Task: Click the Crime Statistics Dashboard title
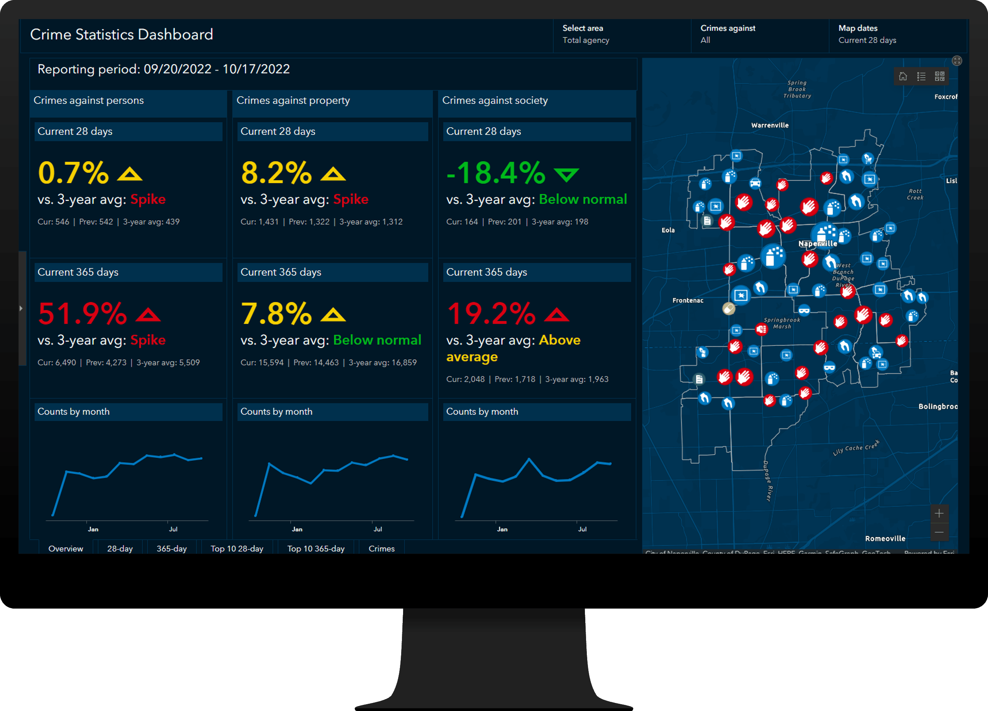(x=121, y=34)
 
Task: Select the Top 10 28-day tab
(x=237, y=549)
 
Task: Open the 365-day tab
(x=172, y=549)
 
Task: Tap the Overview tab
(x=66, y=549)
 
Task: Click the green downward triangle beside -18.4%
(x=566, y=175)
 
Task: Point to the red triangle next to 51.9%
(x=148, y=315)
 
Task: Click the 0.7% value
(x=73, y=173)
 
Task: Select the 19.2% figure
(x=491, y=314)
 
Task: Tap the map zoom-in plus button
(x=939, y=513)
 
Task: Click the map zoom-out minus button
(x=939, y=532)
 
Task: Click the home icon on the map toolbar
(x=903, y=76)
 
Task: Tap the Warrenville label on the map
(x=770, y=125)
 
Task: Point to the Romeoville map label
(x=885, y=538)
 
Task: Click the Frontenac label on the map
(x=688, y=301)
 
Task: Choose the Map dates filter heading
(x=858, y=28)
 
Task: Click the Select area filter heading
(x=582, y=28)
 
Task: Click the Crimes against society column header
(x=495, y=100)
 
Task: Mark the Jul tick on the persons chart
(x=173, y=529)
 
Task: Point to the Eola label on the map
(x=668, y=230)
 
